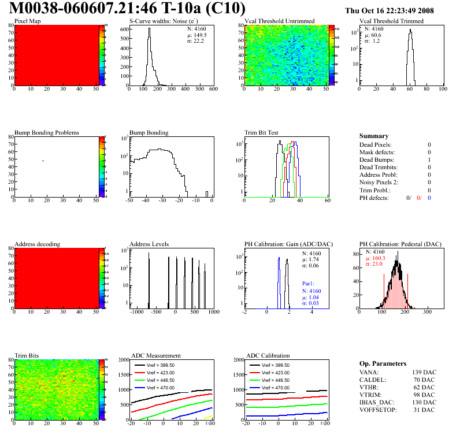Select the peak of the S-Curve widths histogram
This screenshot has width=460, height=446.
tap(149, 29)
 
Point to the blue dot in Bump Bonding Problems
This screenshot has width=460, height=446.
tap(43, 161)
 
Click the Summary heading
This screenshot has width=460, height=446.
tap(373, 136)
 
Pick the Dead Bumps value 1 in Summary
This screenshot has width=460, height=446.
tap(429, 159)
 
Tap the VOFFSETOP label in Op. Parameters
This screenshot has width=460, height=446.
tap(380, 410)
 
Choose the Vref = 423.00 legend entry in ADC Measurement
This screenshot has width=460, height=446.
tap(163, 373)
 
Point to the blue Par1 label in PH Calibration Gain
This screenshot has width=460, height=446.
tap(308, 284)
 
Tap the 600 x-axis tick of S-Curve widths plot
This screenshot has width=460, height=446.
tap(213, 90)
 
